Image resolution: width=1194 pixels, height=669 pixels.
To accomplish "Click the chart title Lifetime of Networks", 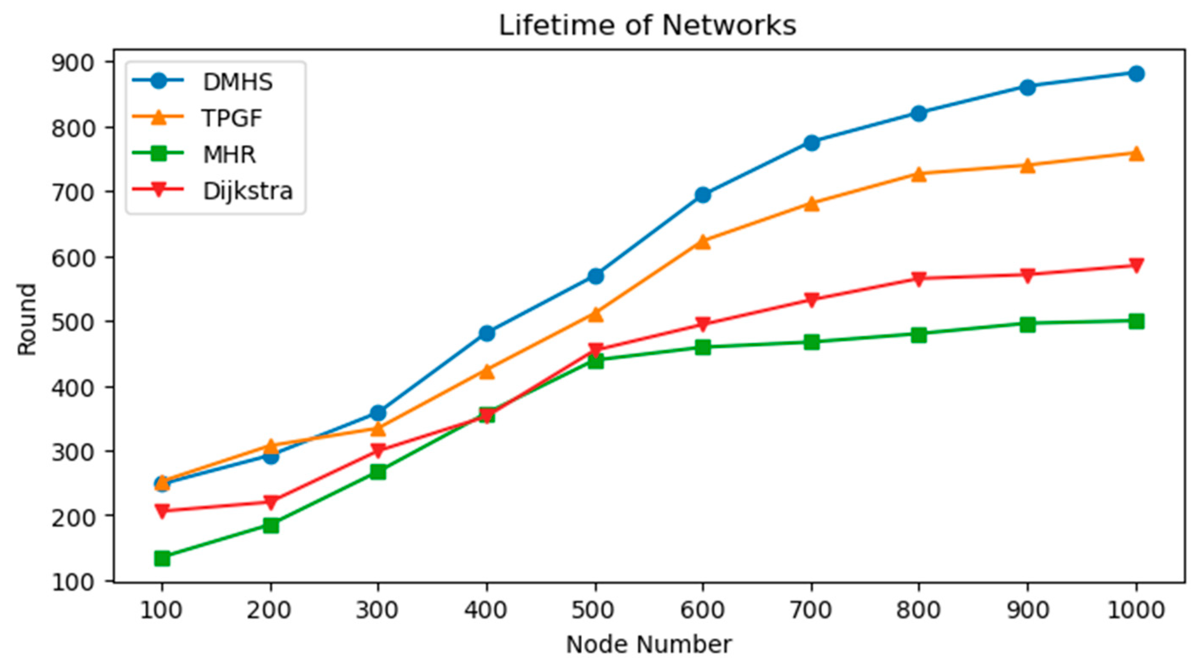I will point(647,26).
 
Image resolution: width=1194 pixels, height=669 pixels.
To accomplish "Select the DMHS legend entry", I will point(237,82).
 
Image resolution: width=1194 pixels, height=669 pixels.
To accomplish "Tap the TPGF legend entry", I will point(232,118).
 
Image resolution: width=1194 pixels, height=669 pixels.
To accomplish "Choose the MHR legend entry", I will point(229,155).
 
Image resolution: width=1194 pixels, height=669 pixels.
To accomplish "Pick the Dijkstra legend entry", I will point(247,190).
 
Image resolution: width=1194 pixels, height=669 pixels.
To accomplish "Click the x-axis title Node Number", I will point(649,644).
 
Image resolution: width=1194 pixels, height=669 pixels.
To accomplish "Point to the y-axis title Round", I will point(27,320).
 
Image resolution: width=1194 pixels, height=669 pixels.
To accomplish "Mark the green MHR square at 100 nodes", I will point(162,559).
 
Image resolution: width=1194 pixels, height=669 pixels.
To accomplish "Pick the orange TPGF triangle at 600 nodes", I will point(703,242).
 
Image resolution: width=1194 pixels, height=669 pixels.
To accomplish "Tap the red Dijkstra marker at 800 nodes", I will point(918,279).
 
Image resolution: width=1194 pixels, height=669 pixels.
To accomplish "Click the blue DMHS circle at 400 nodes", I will point(487,333).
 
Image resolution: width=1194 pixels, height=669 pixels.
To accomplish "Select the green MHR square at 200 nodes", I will point(271,525).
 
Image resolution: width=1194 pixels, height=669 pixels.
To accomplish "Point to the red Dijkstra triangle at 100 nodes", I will point(162,511).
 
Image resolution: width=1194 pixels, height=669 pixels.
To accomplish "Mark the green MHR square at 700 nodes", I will point(811,343).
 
